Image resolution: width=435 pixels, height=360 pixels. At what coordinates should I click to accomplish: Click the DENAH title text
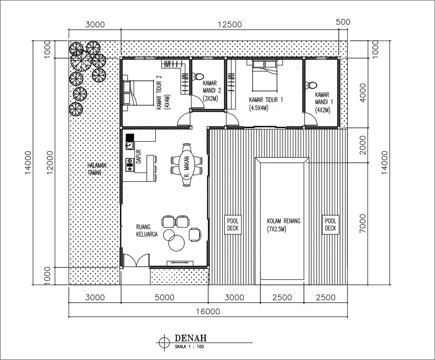pos(191,338)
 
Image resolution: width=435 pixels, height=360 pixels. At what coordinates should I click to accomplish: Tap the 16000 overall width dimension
pos(208,311)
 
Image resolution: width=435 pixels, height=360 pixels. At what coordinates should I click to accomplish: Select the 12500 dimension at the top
pos(230,25)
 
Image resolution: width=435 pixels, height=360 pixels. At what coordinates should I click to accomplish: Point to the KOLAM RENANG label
pos(284,221)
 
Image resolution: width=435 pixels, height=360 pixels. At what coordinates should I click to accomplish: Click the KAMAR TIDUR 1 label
pos(266,100)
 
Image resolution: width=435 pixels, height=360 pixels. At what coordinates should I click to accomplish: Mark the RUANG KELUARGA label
pos(147,231)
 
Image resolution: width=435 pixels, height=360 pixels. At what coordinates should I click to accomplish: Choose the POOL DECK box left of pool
pos(233,224)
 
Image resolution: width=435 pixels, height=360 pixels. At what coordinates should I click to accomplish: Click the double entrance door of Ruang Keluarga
pos(136,260)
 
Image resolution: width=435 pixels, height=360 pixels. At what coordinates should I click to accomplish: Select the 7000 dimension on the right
pos(363,224)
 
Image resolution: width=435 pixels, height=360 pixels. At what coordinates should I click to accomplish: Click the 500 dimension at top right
pos(343,22)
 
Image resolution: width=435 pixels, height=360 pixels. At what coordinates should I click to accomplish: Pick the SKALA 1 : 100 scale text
pos(189,347)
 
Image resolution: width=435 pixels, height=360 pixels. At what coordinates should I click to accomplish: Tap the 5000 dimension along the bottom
pos(164,298)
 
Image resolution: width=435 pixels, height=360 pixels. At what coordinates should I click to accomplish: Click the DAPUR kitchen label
pos(138,157)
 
